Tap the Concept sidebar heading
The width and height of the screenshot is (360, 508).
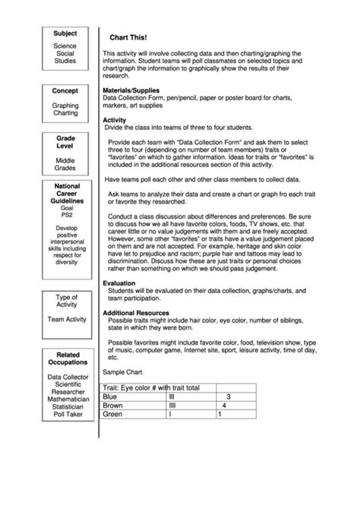point(65,90)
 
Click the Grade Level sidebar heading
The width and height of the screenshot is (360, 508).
point(65,144)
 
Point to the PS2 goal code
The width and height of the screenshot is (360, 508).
point(65,215)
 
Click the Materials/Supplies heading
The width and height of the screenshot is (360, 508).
point(131,90)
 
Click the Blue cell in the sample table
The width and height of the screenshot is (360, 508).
point(111,396)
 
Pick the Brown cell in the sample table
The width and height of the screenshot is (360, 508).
point(113,405)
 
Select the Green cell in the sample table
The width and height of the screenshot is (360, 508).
point(112,415)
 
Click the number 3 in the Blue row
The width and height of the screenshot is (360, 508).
point(228,396)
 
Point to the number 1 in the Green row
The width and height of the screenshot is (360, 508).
point(219,415)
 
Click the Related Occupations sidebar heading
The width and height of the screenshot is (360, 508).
point(65,358)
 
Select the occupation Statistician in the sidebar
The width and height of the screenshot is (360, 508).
point(65,407)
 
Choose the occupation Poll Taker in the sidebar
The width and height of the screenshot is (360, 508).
point(65,415)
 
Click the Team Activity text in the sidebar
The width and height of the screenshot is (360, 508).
point(65,320)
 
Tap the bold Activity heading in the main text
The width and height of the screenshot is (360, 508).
point(114,119)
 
